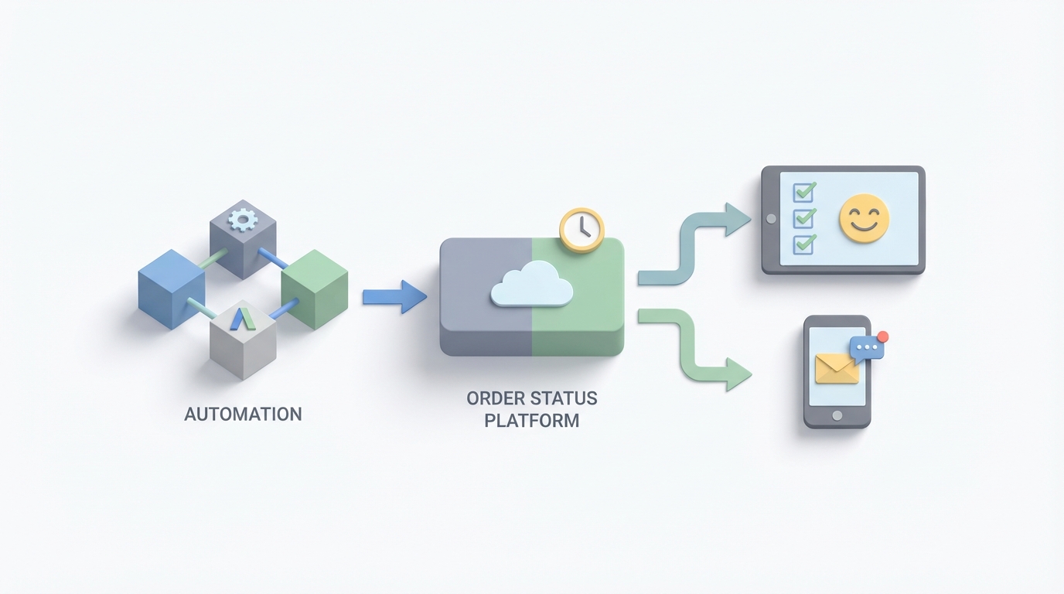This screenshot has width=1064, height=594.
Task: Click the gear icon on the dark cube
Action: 243,220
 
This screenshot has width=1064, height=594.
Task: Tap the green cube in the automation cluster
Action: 314,288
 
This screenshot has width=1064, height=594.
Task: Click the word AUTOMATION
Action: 243,414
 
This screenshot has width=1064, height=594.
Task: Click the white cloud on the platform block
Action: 532,284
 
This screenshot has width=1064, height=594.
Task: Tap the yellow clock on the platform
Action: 581,229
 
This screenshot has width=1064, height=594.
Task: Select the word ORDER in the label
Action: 495,398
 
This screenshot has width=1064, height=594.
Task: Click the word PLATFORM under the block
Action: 532,422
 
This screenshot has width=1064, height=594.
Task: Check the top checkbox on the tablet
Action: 804,191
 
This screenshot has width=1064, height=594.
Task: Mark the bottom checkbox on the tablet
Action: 804,244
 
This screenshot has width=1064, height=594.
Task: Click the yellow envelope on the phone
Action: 837,368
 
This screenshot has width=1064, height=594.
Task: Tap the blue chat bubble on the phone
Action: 866,347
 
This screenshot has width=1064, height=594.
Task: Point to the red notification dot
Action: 883,336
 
